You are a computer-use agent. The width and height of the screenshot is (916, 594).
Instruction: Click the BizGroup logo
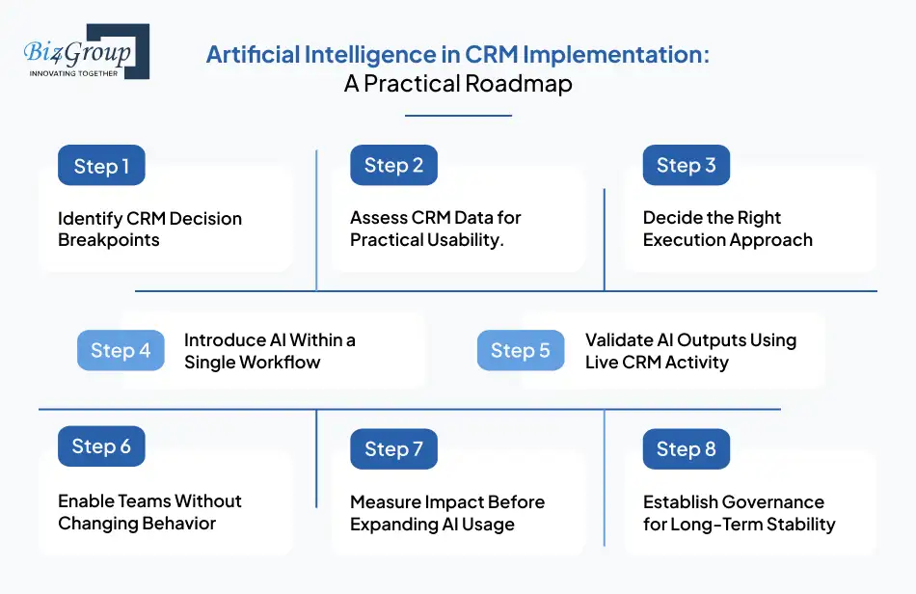(x=85, y=53)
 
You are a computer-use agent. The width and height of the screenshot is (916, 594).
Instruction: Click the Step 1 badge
(x=101, y=166)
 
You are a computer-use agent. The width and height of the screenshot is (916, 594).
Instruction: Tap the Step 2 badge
(x=393, y=166)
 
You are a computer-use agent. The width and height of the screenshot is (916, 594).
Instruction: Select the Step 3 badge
(x=686, y=166)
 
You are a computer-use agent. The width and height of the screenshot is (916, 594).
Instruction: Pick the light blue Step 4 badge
(x=121, y=351)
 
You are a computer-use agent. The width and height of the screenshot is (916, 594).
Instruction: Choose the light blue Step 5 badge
(x=521, y=351)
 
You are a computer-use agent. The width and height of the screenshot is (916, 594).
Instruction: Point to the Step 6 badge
(x=101, y=446)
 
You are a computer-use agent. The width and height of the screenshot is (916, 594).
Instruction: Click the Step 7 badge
(x=393, y=449)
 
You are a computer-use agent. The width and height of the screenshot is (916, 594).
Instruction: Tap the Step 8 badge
(x=686, y=449)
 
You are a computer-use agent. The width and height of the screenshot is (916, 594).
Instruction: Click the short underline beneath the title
(x=458, y=116)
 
